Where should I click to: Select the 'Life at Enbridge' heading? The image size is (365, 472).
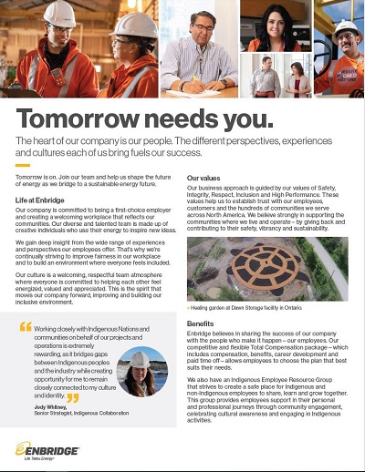[x=41, y=199]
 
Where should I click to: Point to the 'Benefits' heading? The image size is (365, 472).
[x=201, y=323]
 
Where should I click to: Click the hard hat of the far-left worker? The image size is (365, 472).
[x=60, y=12]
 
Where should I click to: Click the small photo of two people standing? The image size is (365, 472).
[x=280, y=79]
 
